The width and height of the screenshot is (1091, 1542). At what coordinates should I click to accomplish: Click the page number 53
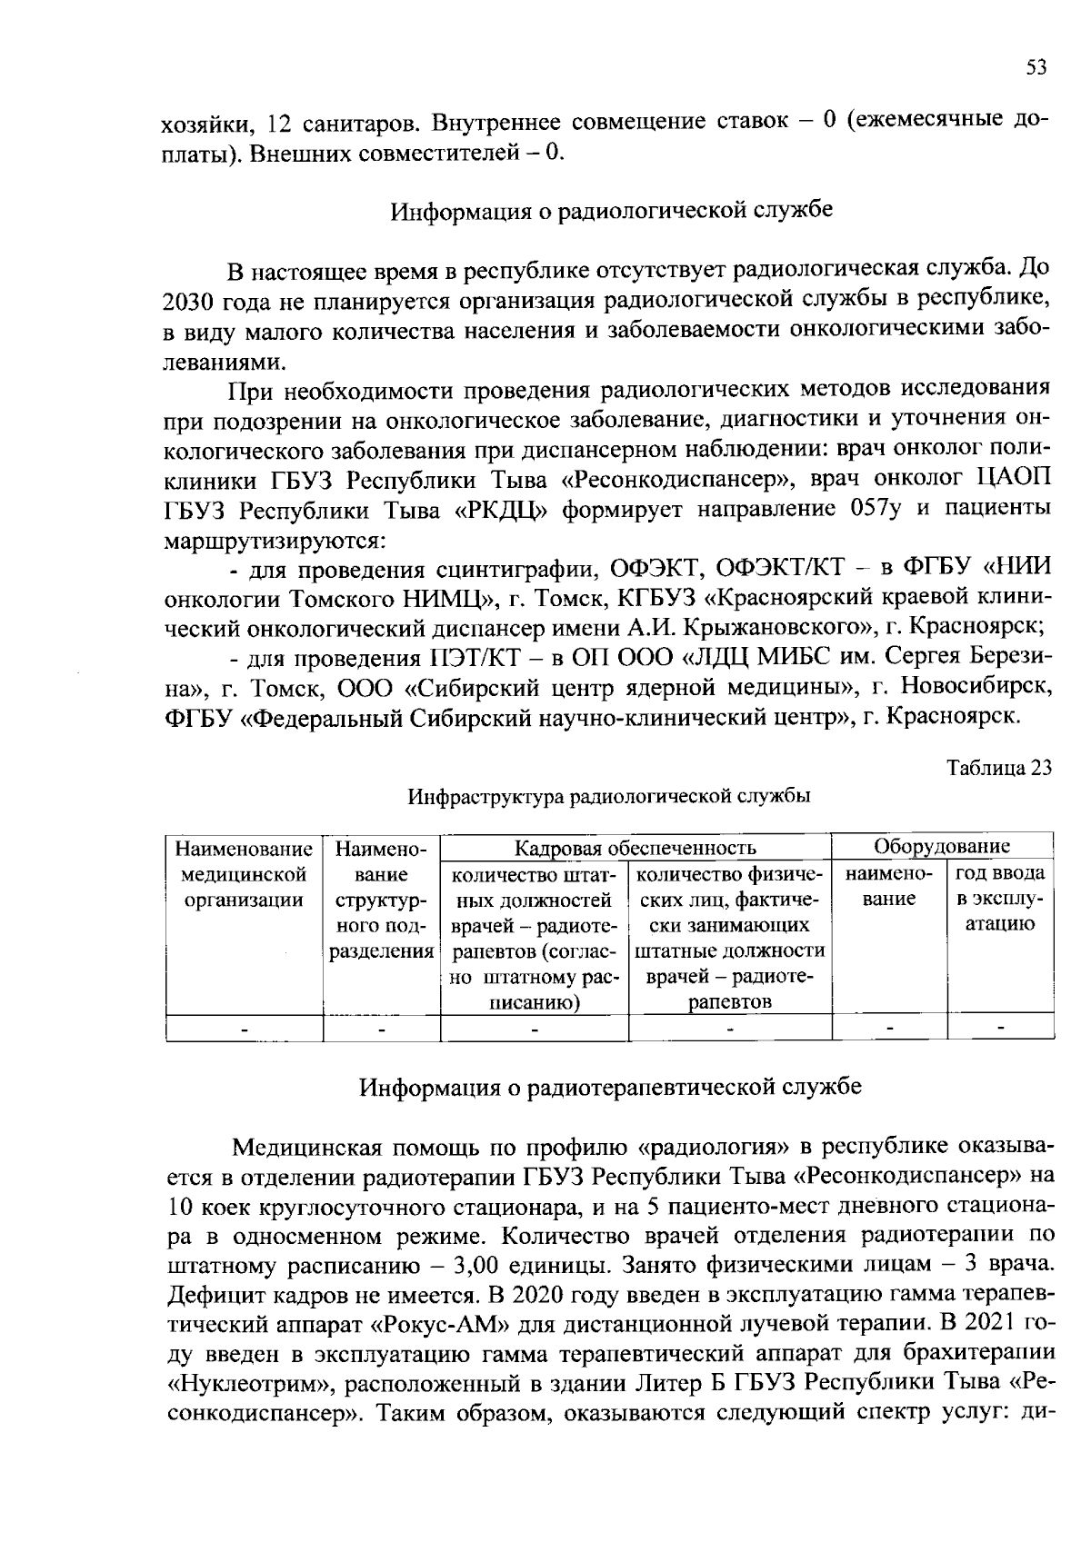1036,67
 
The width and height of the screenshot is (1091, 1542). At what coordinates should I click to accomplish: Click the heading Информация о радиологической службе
611,211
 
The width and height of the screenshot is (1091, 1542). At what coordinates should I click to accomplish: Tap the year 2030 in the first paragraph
189,301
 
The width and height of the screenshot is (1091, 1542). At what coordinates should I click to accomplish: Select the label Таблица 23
998,768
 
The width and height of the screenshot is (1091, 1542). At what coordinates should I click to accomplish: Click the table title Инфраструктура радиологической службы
609,797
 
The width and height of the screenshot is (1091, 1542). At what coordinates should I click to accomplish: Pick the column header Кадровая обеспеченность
635,848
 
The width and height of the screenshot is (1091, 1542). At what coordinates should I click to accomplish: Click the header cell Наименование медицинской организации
243,874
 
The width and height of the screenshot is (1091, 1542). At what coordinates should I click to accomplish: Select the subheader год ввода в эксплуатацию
998,899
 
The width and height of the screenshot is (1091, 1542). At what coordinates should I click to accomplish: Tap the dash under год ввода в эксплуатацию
1000,1028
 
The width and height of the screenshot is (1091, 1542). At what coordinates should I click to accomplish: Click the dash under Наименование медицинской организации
244,1029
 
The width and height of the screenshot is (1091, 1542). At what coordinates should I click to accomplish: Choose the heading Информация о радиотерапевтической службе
610,1087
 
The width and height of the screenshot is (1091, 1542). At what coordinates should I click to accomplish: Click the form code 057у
875,507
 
